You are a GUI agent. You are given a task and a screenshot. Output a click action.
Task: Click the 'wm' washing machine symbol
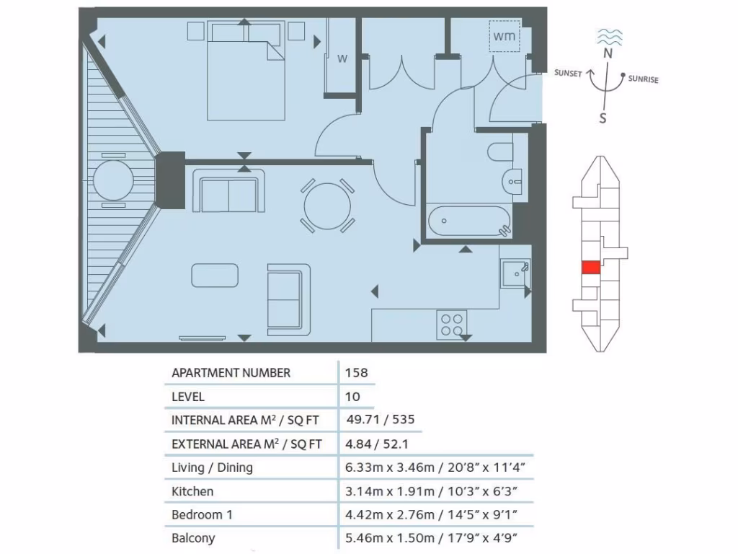click(x=504, y=36)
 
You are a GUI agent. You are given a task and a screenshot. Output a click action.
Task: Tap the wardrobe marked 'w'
click(x=342, y=59)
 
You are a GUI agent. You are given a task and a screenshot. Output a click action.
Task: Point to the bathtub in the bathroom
click(x=469, y=221)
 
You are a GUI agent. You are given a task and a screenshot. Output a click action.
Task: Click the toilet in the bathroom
click(x=500, y=151)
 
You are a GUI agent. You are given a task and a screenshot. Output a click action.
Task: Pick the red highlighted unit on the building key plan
click(x=590, y=268)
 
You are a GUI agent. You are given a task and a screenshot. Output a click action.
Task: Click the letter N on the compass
click(x=608, y=53)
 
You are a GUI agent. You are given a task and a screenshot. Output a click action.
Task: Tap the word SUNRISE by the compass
click(x=643, y=79)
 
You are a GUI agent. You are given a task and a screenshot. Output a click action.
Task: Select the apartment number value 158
click(x=357, y=373)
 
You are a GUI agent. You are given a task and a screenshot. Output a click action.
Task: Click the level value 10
click(x=353, y=397)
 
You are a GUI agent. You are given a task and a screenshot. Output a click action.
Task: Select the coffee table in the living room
click(x=215, y=275)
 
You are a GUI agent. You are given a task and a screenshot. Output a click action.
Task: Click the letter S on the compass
click(x=603, y=118)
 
